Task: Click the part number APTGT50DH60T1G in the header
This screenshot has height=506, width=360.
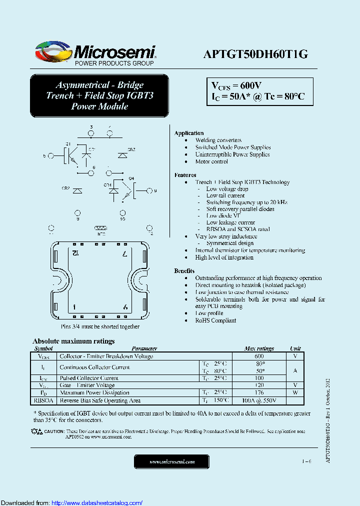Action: point(255,54)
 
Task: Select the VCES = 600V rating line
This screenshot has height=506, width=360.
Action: point(234,85)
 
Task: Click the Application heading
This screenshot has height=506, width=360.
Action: point(188,133)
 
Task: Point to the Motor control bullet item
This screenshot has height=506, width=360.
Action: point(211,161)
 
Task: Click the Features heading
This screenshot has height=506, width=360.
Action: point(185,175)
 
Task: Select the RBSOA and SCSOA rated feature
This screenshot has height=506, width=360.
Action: point(238,229)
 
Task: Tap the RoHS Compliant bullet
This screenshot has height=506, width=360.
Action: point(215,320)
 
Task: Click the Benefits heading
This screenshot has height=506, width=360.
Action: point(184,270)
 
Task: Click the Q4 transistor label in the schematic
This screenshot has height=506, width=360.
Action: point(131,178)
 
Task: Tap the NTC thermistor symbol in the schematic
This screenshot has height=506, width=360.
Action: point(101,228)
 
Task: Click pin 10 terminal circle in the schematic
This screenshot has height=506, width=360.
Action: point(122,212)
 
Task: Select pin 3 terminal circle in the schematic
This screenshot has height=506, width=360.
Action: point(91,133)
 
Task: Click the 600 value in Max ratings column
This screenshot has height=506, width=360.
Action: point(259,356)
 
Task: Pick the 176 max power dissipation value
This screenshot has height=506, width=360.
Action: point(259,393)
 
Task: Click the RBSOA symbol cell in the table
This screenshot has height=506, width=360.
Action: point(44,400)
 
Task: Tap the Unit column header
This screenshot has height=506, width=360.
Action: point(295,348)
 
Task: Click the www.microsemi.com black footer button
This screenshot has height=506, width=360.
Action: point(172,461)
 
